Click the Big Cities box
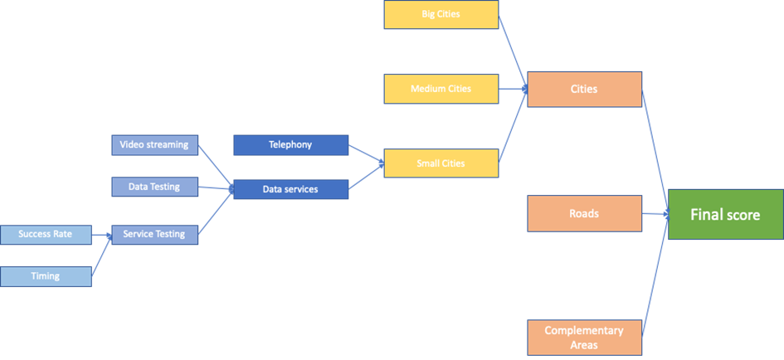(441, 14)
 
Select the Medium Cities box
(441, 89)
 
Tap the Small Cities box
(441, 163)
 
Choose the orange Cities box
(584, 89)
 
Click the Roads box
(584, 213)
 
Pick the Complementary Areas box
(584, 338)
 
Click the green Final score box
(724, 215)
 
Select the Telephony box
(290, 144)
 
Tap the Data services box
(290, 189)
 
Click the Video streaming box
(155, 144)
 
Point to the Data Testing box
(155, 187)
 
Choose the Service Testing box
(155, 234)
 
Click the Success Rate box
(46, 234)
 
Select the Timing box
(46, 276)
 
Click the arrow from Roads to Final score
(655, 214)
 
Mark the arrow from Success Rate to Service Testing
(101, 235)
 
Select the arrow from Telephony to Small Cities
(365, 153)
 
